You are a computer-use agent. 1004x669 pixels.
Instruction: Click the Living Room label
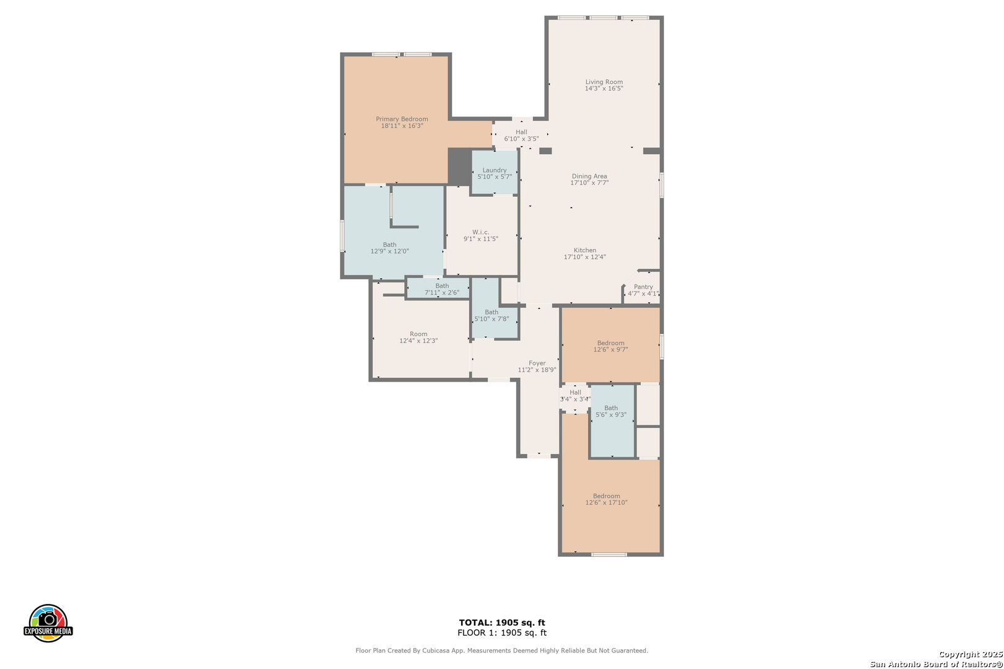[x=604, y=82]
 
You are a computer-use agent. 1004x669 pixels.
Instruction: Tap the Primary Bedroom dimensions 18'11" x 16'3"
[x=402, y=126]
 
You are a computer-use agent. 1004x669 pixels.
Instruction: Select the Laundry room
[x=495, y=173]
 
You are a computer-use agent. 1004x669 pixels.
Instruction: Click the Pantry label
[x=643, y=287]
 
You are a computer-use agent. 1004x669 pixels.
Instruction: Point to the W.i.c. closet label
[x=480, y=232]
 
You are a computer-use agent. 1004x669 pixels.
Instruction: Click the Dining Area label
[x=589, y=177]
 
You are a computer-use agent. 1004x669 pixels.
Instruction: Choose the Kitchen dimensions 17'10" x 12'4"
[x=584, y=257]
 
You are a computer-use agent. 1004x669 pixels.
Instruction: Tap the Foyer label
[x=537, y=364]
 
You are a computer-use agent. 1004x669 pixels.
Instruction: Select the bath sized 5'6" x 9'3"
[x=611, y=411]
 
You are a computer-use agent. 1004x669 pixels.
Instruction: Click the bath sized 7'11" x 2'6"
[x=441, y=289]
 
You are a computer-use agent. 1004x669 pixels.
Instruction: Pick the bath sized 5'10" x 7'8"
[x=491, y=315]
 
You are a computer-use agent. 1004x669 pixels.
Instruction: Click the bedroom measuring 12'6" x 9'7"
[x=610, y=346]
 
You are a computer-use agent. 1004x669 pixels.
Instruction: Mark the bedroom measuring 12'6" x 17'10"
[x=606, y=499]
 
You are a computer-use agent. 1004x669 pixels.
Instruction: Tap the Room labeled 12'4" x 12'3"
[x=418, y=338]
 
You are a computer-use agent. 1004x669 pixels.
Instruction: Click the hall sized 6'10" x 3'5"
[x=521, y=135]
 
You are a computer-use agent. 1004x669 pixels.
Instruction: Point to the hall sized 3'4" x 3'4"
[x=575, y=396]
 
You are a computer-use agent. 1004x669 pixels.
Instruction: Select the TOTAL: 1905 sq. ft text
[x=502, y=623]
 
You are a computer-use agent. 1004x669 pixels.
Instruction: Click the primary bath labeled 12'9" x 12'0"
[x=389, y=248]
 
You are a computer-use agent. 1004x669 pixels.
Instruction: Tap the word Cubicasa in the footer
[x=436, y=650]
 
